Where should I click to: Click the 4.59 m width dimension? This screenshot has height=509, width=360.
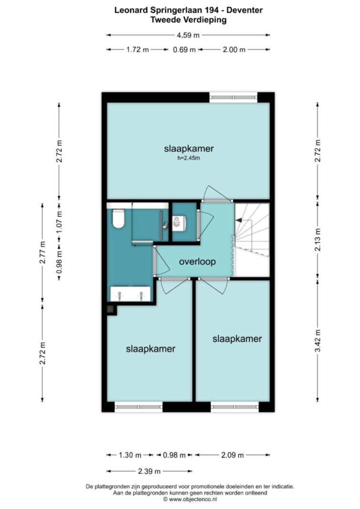[x=188, y=35]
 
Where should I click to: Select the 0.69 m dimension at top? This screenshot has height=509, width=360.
[x=184, y=50]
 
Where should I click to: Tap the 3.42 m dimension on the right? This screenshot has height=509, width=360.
[x=318, y=341]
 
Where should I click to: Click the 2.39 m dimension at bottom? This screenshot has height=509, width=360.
[x=149, y=471]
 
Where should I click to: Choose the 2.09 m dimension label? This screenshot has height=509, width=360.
[x=233, y=455]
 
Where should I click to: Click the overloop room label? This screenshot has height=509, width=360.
[x=197, y=261]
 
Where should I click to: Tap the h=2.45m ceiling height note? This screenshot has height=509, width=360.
[x=189, y=158]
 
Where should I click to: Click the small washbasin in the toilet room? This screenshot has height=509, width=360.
[x=178, y=223]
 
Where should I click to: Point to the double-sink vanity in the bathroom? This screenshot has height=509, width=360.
[x=130, y=294]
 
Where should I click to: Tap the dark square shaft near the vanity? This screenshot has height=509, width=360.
[x=111, y=310]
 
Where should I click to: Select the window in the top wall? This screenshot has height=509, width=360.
[x=233, y=97]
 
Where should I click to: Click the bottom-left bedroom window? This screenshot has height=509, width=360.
[x=138, y=407]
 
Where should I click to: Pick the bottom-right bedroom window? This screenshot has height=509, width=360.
[x=234, y=407]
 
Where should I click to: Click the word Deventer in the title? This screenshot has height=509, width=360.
[x=244, y=10]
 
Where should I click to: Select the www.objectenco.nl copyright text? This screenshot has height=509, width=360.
[x=190, y=499]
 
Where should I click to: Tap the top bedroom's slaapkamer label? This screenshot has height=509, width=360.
[x=189, y=149]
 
